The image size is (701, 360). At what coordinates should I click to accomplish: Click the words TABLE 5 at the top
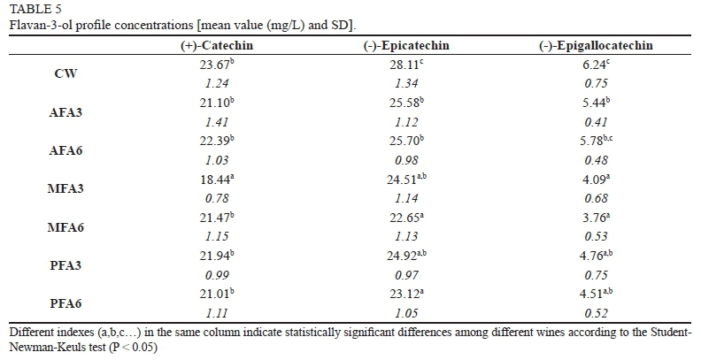click(x=28, y=10)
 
